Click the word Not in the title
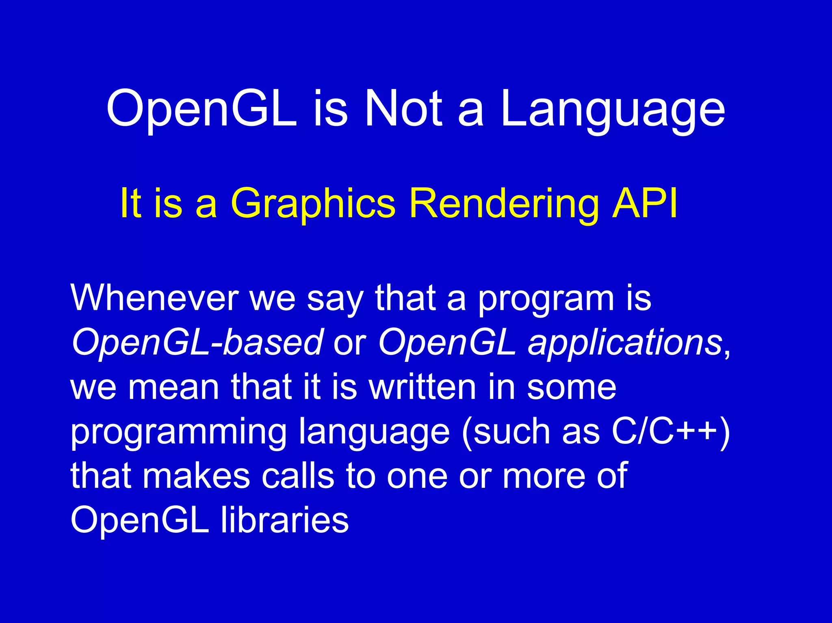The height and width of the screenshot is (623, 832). [x=403, y=108]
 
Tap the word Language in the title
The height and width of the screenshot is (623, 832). [x=612, y=110]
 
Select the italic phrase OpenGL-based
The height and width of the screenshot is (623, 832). [x=197, y=342]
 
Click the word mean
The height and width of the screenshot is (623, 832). [x=173, y=387]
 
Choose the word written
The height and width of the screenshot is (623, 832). [x=422, y=387]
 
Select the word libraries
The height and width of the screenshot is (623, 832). [x=284, y=520]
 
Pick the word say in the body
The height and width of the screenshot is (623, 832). [x=334, y=300]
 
